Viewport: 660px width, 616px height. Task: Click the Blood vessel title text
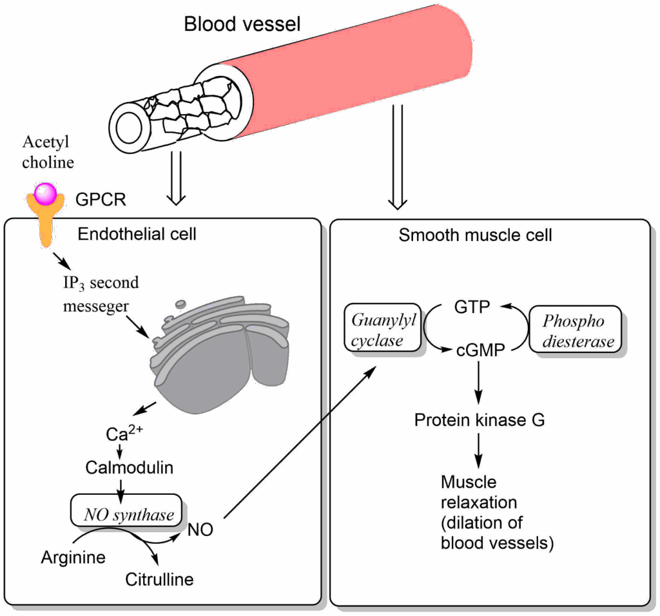pyautogui.click(x=242, y=24)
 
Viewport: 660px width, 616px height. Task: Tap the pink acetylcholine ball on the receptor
pyautogui.click(x=46, y=192)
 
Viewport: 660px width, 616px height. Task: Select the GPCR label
pyautogui.click(x=101, y=200)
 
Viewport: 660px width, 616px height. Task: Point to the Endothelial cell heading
pyautogui.click(x=137, y=233)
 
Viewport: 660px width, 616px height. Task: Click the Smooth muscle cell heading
pyautogui.click(x=475, y=235)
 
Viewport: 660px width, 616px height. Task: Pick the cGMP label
pyautogui.click(x=474, y=349)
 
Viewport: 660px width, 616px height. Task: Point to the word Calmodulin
pyautogui.click(x=129, y=467)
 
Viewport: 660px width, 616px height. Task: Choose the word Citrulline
pyautogui.click(x=159, y=579)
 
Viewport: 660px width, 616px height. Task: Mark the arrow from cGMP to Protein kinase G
pyautogui.click(x=478, y=383)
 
